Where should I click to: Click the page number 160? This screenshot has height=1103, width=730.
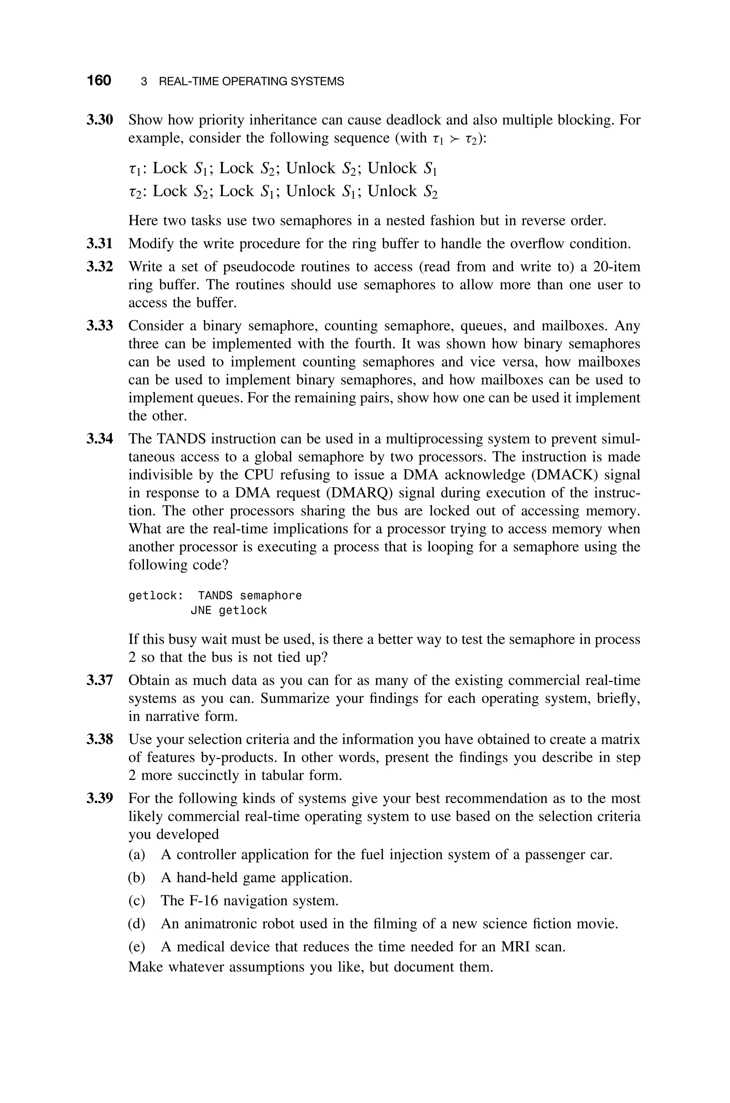[x=99, y=81]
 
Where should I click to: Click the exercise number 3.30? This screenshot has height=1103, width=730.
[x=100, y=120]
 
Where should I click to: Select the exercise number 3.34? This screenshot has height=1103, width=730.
[x=100, y=439]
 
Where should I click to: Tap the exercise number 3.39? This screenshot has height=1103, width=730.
[x=100, y=798]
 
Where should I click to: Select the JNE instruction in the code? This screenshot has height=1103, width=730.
[x=201, y=611]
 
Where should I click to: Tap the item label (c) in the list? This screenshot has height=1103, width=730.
[x=137, y=900]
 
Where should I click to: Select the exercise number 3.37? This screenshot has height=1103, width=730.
[x=100, y=681]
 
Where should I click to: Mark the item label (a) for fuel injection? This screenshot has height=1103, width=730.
[x=137, y=855]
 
